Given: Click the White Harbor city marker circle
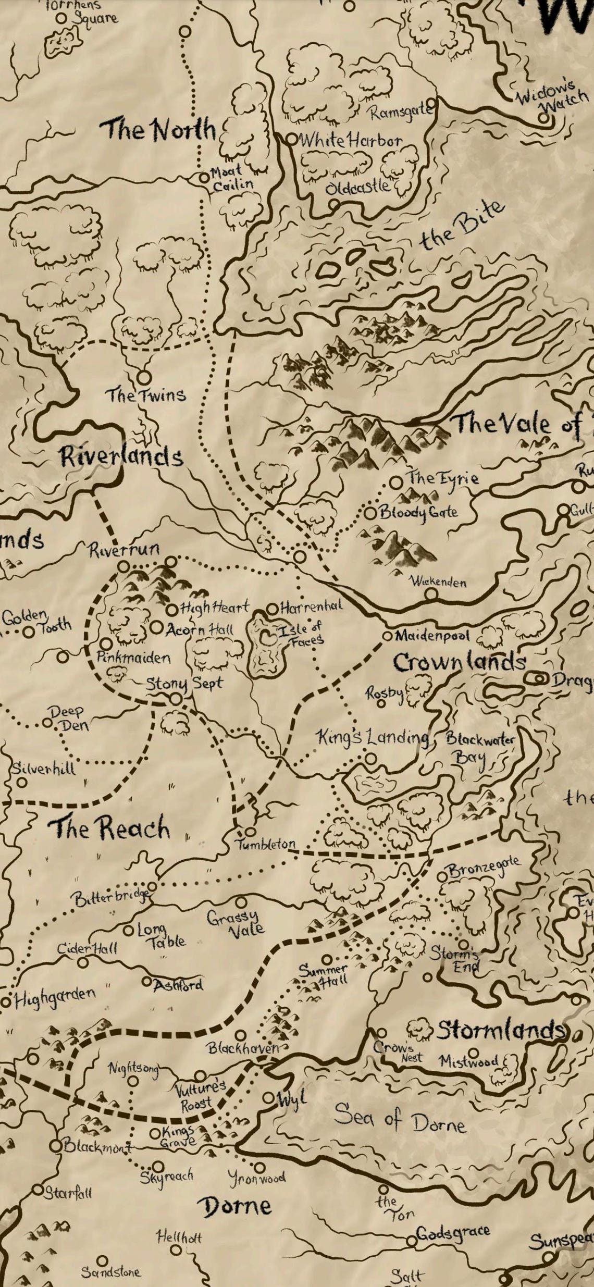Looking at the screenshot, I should (292, 139).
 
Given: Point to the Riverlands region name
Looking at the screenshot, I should (121, 456).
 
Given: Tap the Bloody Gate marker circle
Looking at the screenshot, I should (370, 513).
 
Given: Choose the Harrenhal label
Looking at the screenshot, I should (311, 607).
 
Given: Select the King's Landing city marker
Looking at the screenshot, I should (370, 759).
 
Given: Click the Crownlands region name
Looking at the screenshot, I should (459, 662).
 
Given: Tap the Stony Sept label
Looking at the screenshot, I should (183, 683).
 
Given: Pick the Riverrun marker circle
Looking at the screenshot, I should (123, 566).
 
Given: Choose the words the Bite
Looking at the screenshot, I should (462, 225).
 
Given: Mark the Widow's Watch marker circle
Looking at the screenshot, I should (543, 118).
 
